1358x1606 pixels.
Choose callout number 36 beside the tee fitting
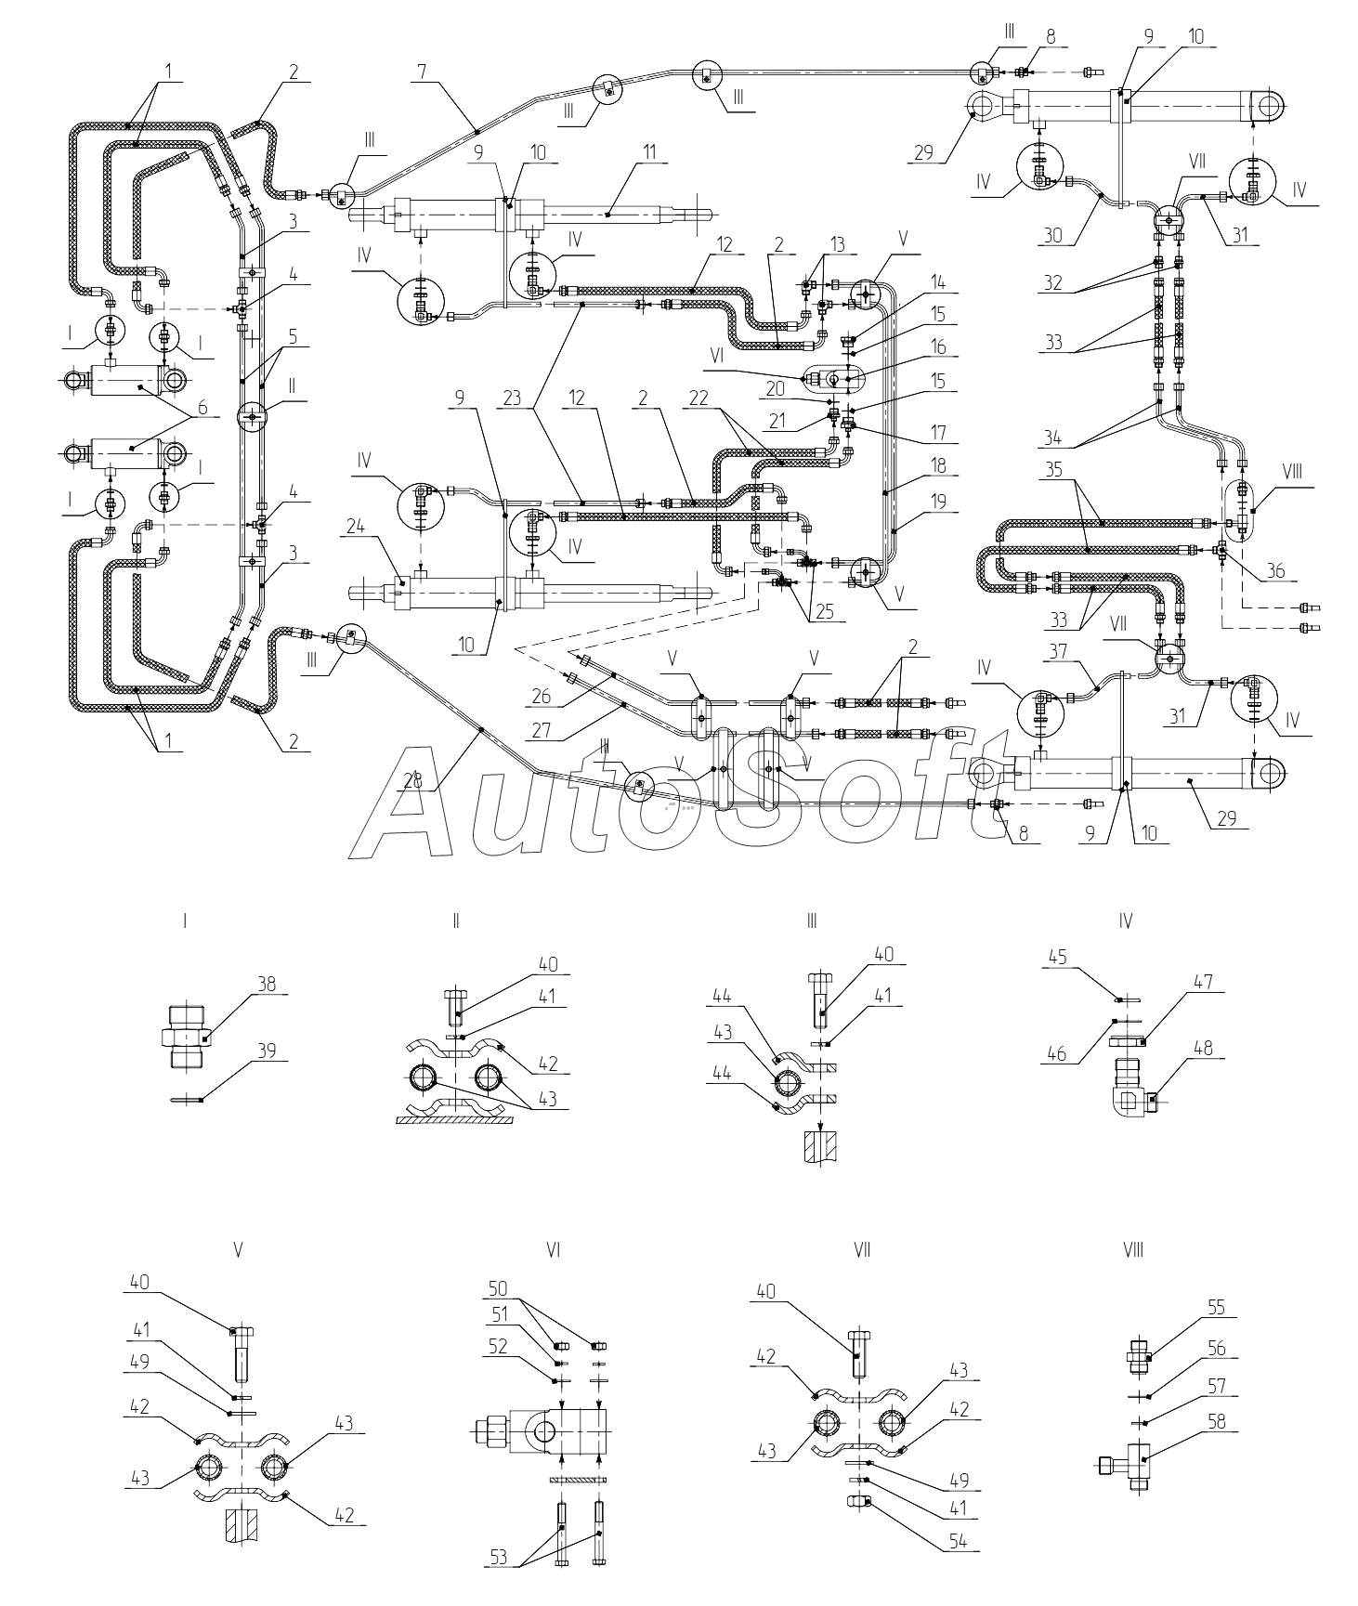(1275, 571)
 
